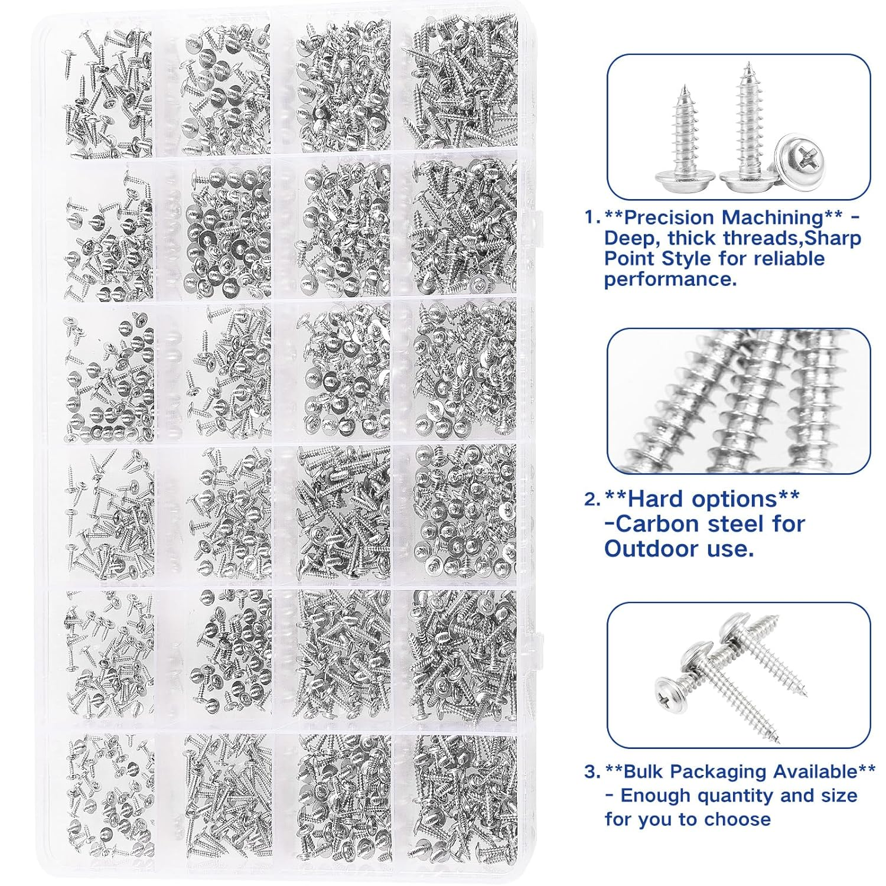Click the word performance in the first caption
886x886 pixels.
tap(670, 279)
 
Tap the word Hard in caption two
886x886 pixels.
tap(655, 499)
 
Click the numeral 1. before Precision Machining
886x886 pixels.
tap(592, 217)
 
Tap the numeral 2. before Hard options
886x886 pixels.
tap(592, 500)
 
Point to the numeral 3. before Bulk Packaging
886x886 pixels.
tap(592, 771)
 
